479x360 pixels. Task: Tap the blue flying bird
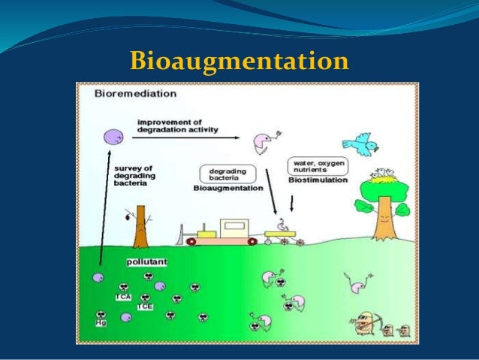[357, 142]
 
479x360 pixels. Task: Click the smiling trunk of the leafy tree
[384, 217]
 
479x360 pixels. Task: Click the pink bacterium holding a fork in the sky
[264, 141]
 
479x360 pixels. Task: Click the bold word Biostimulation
[318, 181]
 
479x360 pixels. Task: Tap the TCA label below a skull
[124, 297]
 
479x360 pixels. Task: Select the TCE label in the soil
[145, 307]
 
